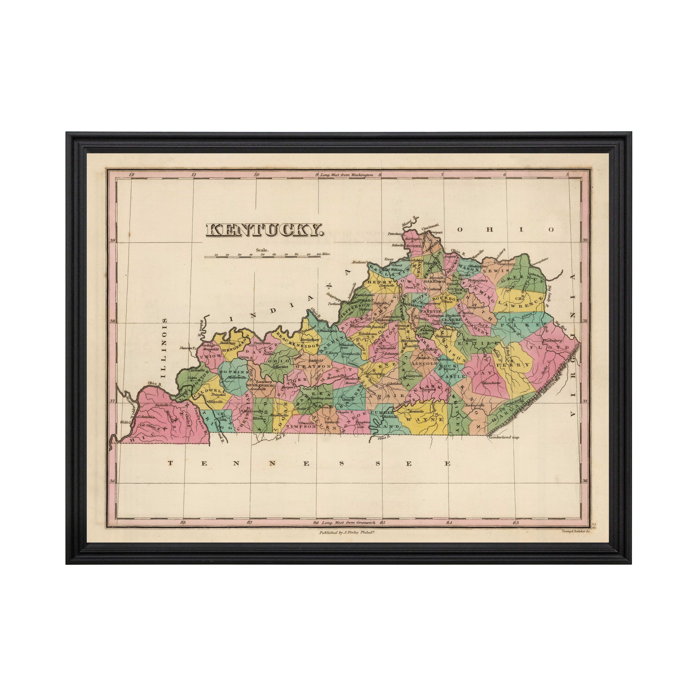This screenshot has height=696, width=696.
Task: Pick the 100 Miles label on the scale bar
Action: point(323,254)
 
